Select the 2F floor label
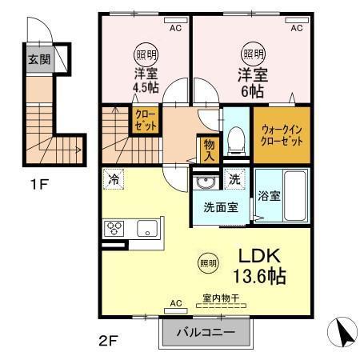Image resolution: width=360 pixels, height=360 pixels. point(109,339)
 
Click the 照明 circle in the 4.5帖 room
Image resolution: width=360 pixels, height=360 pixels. point(146,54)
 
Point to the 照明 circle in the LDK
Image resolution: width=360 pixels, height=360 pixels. point(207,262)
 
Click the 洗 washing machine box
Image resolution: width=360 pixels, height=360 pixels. point(235,180)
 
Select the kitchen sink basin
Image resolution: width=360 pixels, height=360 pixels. point(147,229)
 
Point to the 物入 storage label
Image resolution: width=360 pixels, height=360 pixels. point(209,149)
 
